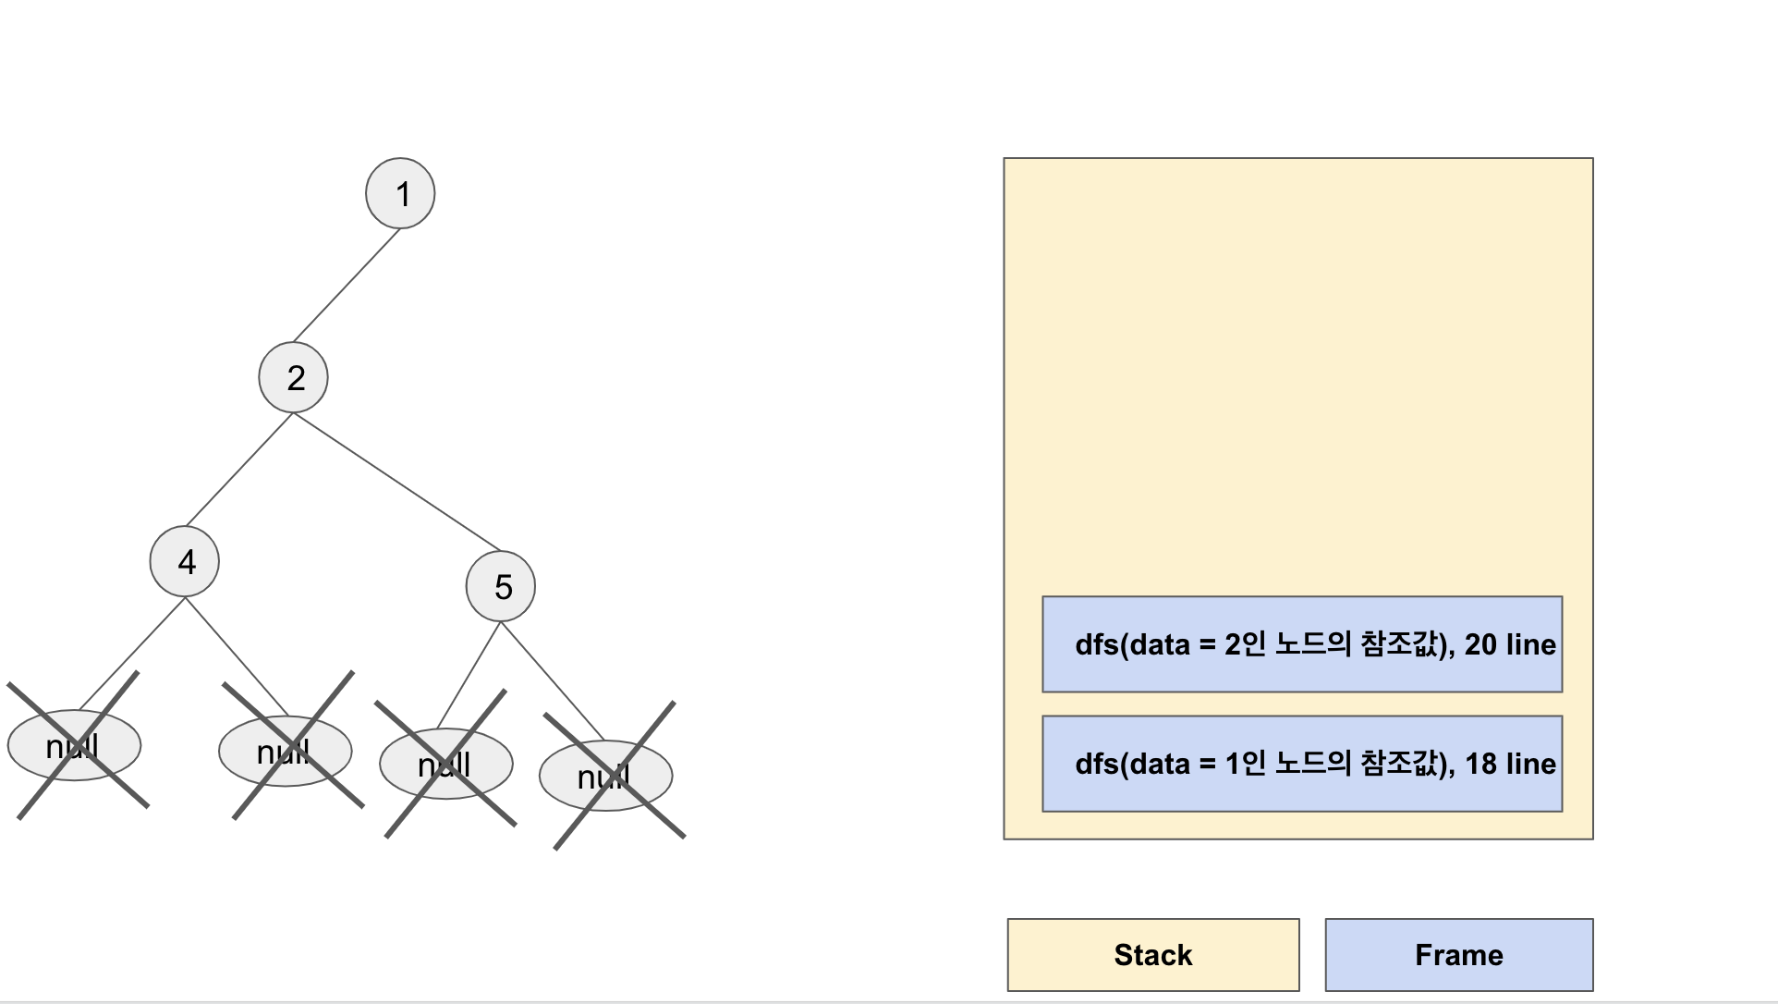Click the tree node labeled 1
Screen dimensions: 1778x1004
click(x=400, y=193)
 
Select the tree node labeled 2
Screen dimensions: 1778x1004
click(x=293, y=377)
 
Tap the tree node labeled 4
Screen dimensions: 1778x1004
click(x=185, y=561)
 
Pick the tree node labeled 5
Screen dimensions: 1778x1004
click(x=501, y=586)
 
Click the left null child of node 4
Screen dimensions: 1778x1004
click(x=74, y=745)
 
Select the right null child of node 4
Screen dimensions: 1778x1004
click(x=286, y=751)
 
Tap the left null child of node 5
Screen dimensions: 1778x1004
click(x=446, y=764)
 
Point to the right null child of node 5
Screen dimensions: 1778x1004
click(x=606, y=776)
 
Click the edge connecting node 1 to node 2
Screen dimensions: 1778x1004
click(x=347, y=285)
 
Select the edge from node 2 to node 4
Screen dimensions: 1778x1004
click(x=239, y=469)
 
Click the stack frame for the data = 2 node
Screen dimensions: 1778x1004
click(x=1301, y=644)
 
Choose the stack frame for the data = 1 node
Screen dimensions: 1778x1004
click(x=1301, y=764)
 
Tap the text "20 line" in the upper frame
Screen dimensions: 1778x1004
click(x=1510, y=644)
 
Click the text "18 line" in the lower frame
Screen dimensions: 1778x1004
click(x=1510, y=764)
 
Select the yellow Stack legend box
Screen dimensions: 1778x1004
click(x=1152, y=955)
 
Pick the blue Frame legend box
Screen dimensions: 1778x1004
click(x=1458, y=955)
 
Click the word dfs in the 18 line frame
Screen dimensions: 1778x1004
click(x=1097, y=764)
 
